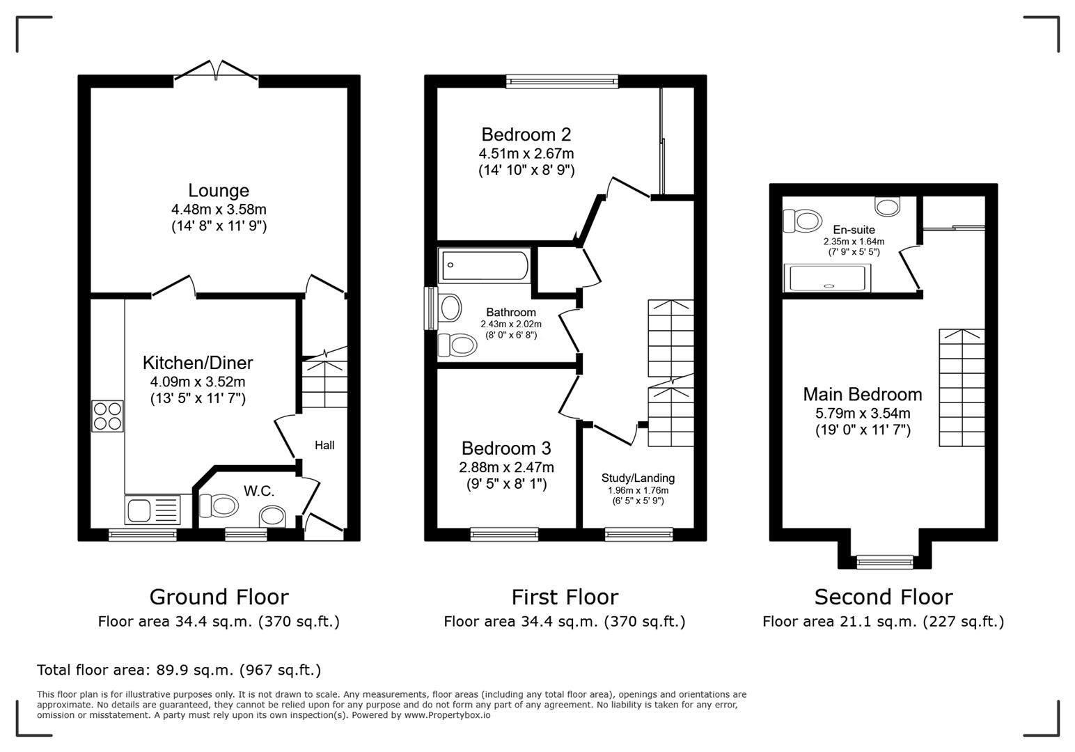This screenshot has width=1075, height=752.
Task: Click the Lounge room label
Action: point(219,190)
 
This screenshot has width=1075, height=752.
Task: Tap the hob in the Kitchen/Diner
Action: point(107,416)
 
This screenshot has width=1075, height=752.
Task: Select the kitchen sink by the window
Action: point(152,509)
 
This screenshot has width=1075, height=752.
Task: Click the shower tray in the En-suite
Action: point(827,279)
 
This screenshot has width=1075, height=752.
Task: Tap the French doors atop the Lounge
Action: point(217,72)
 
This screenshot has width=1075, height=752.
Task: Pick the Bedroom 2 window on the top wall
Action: point(562,81)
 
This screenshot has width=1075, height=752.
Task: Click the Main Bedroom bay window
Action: point(884,561)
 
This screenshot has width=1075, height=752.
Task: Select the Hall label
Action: point(324,445)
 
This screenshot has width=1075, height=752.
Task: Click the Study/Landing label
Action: point(638,478)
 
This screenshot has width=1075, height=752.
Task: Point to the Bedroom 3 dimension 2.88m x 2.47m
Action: point(506,467)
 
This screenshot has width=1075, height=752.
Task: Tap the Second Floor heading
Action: point(883,597)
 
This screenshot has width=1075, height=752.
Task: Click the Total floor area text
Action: point(179,670)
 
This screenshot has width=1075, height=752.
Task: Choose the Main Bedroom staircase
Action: point(962,388)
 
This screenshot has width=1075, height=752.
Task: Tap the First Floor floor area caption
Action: point(564,621)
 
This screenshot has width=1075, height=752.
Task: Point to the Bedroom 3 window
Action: point(504,534)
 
